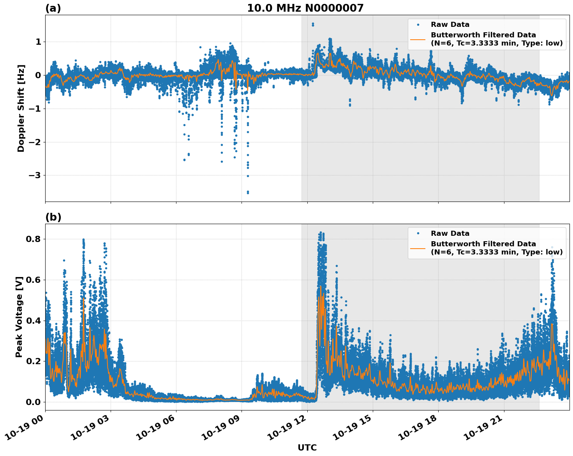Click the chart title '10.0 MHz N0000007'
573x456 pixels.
click(x=305, y=8)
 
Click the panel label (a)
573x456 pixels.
click(x=53, y=8)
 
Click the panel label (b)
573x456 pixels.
click(x=53, y=217)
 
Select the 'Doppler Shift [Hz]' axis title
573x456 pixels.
click(x=21, y=108)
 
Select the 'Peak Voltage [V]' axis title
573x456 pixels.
click(x=19, y=317)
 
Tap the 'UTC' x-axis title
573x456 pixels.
click(x=307, y=447)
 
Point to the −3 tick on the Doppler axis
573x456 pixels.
click(x=35, y=175)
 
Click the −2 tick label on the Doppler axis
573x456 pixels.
click(x=35, y=142)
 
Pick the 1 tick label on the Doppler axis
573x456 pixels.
click(x=38, y=42)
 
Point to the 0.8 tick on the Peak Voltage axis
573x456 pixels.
click(x=33, y=239)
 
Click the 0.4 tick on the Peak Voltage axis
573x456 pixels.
click(x=33, y=321)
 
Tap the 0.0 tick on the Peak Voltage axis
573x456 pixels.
click(x=33, y=402)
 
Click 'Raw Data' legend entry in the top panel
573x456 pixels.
click(x=450, y=25)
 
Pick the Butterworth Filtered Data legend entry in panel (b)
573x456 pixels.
click(x=496, y=248)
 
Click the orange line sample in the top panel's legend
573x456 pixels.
click(x=418, y=39)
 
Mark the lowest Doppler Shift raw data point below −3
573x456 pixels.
click(x=248, y=193)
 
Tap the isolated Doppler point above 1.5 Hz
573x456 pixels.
click(x=313, y=24)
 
